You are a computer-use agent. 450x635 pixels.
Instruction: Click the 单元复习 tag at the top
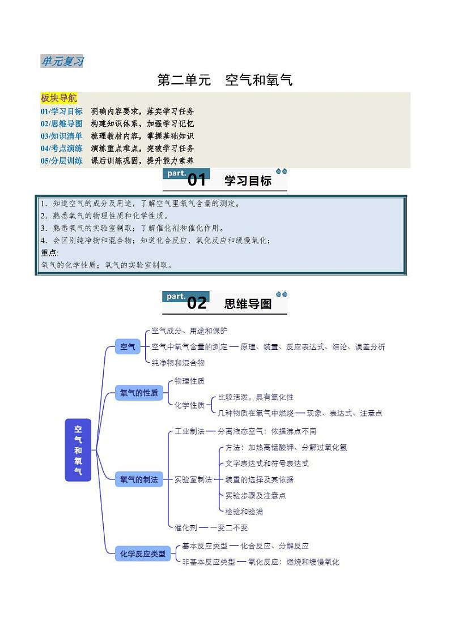62,61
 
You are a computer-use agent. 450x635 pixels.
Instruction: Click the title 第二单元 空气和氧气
224,80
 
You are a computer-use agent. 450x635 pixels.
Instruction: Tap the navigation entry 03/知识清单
61,136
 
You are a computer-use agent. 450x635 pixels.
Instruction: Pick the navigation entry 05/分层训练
61,161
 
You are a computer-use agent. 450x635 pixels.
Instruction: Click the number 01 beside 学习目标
197,181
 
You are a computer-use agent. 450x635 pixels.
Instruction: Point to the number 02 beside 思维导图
197,303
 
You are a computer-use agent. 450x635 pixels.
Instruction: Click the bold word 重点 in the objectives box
49,253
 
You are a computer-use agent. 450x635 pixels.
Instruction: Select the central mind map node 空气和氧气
78,450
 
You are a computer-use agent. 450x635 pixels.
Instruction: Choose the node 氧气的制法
139,479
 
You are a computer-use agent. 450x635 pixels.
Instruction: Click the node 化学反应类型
143,554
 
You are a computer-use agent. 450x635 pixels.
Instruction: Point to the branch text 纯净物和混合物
178,362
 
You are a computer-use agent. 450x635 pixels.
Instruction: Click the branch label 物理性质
189,381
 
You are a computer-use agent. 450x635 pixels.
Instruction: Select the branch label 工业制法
189,431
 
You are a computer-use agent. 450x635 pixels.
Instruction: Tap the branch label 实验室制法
193,479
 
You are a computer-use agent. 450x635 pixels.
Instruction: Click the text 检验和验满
244,512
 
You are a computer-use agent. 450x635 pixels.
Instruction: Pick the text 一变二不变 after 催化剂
229,527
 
